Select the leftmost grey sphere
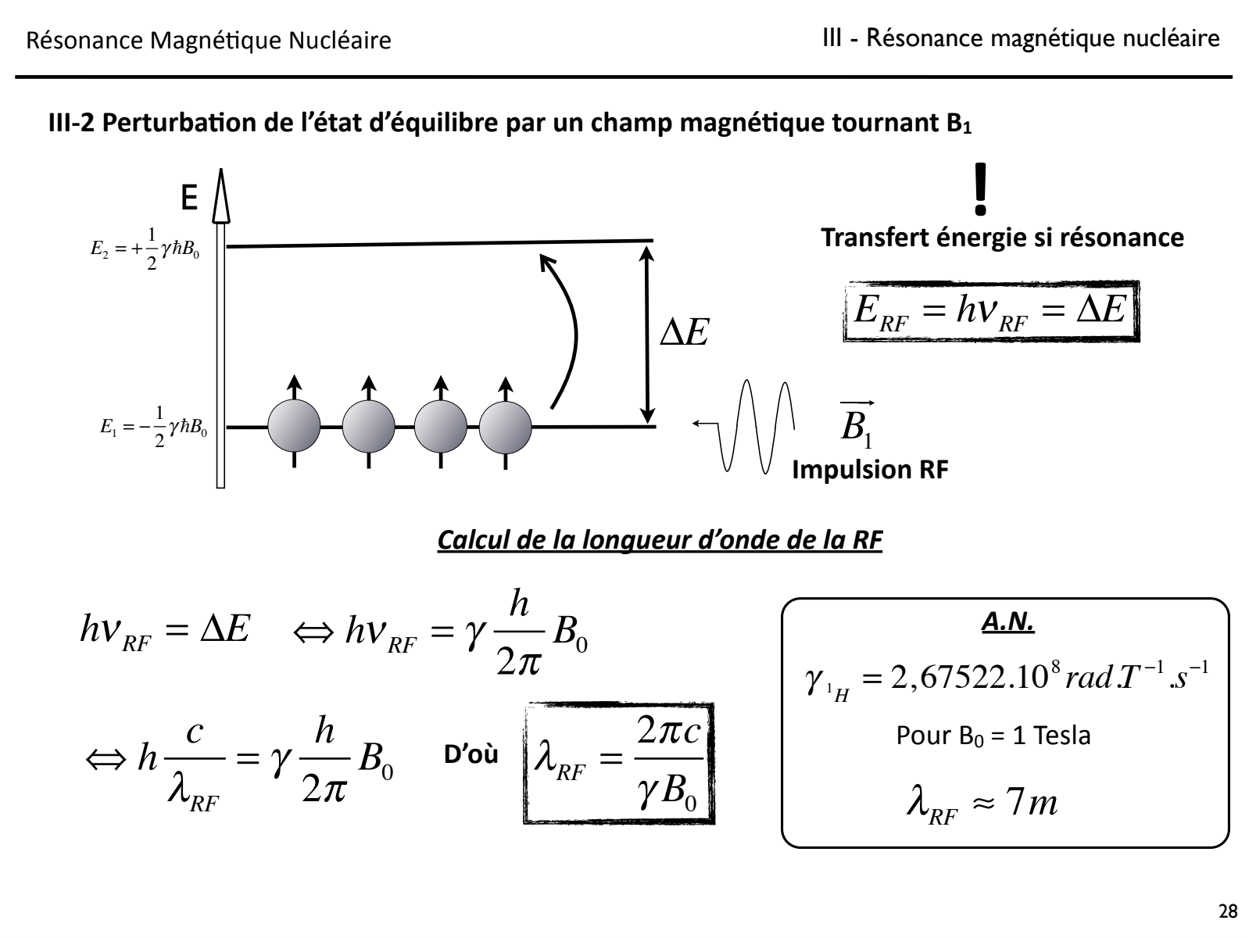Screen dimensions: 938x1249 pos(294,428)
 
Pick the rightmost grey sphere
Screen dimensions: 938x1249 pos(505,428)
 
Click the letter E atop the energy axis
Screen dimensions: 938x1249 pos(189,199)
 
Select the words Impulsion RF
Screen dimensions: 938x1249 pos(870,471)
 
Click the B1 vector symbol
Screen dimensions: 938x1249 pos(857,423)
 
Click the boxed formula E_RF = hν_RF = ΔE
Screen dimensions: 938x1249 pos(990,312)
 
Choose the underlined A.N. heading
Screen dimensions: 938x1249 pos(1007,625)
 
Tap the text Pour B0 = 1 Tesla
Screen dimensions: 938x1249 pos(993,736)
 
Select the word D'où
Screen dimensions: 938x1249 pos(471,757)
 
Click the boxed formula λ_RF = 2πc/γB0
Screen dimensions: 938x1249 pos(619,764)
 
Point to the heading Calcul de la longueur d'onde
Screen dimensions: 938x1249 pos(660,540)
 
